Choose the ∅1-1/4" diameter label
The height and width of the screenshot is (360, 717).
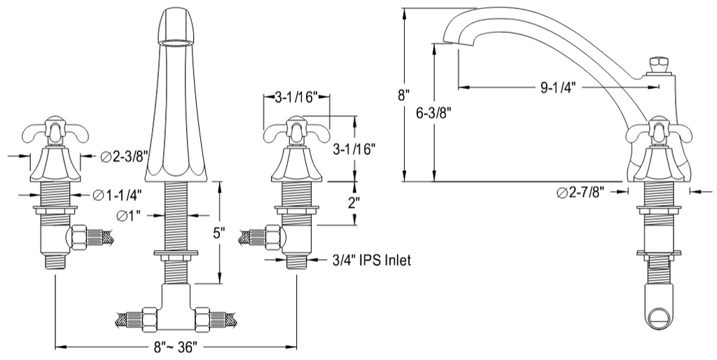[118, 195]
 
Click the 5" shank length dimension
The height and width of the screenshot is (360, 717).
[219, 233]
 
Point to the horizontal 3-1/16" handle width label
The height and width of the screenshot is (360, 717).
[295, 97]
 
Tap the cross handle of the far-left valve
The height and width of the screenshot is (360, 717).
[55, 131]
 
